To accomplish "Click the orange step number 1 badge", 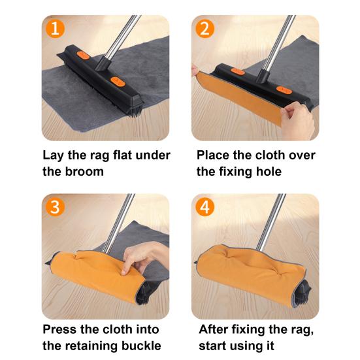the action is click(56, 29).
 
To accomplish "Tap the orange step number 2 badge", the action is click(205, 29).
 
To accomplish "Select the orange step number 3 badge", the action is click(56, 207).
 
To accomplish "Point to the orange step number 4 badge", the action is click(205, 207).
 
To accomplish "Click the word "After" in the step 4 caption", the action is click(214, 329).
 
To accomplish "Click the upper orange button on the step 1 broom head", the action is click(83, 56).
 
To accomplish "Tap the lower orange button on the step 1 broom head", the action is click(118, 82).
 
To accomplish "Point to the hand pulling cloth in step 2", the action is click(297, 120).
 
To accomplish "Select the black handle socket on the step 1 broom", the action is click(103, 63).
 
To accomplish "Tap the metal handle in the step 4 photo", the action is click(272, 222).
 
